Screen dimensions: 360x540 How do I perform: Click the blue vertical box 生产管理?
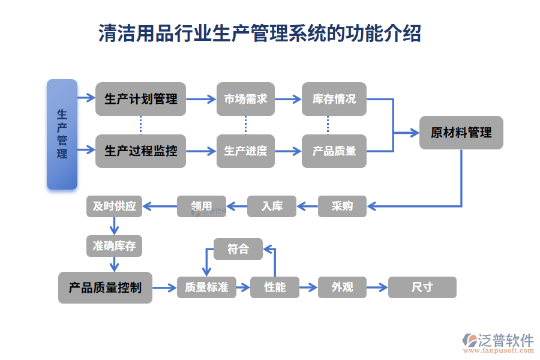(x=62, y=134)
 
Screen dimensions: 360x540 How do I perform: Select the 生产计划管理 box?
(x=140, y=99)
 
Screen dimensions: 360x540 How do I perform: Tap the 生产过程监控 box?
(x=140, y=151)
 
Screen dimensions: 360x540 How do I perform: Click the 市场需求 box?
(x=245, y=99)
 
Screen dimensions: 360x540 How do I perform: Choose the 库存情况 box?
(x=334, y=99)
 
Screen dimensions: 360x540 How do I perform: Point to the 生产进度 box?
(x=245, y=151)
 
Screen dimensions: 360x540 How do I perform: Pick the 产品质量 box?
(x=334, y=151)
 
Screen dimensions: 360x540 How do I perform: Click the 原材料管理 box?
(x=461, y=133)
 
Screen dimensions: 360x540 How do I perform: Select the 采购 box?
(x=342, y=206)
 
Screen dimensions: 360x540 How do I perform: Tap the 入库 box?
(x=272, y=206)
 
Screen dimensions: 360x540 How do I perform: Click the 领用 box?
(x=202, y=206)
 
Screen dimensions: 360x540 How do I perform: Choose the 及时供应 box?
(x=114, y=206)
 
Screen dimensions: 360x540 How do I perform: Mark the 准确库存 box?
(x=114, y=245)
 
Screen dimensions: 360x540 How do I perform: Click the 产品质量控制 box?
(x=105, y=287)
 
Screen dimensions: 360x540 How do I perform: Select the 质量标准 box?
(x=206, y=287)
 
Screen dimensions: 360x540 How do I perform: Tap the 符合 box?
(x=238, y=249)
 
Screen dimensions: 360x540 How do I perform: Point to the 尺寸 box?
(x=422, y=287)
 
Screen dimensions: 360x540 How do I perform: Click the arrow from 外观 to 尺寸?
(x=377, y=287)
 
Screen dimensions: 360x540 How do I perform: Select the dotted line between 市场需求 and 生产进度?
(x=245, y=125)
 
